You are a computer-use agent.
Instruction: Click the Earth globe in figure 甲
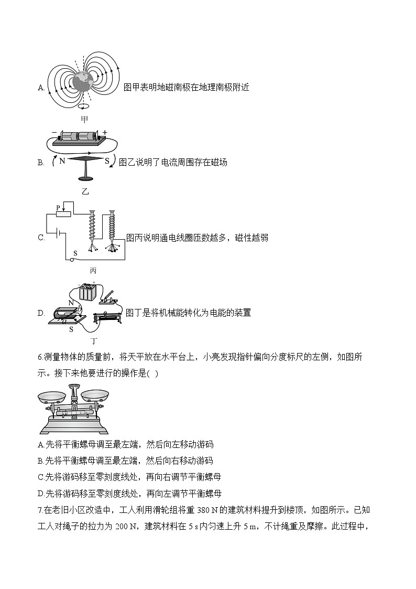(x=84, y=82)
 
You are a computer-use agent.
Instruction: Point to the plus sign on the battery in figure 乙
(x=104, y=132)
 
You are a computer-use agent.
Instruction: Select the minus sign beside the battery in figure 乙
(x=54, y=133)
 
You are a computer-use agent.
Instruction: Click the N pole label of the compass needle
(x=62, y=162)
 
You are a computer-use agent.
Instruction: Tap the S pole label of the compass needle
(x=107, y=162)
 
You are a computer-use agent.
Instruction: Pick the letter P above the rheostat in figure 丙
(x=58, y=208)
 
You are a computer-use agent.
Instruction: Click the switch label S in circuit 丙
(x=75, y=253)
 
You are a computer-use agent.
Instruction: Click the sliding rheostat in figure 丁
(x=108, y=318)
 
